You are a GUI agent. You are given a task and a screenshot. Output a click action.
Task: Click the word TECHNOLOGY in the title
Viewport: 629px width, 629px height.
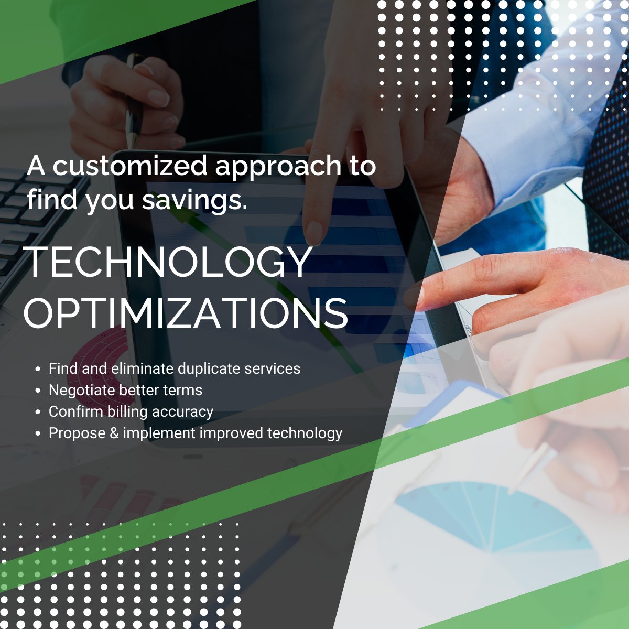168,262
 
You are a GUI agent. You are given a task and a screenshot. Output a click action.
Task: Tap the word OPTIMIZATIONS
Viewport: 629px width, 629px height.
186,313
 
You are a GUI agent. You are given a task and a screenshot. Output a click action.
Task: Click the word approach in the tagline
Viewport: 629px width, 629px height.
278,167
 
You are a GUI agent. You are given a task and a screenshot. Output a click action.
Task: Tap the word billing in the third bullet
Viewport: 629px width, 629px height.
131,412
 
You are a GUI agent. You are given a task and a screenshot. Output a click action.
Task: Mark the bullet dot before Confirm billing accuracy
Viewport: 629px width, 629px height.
38,413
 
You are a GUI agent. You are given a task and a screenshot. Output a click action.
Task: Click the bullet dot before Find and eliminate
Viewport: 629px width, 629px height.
38,369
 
